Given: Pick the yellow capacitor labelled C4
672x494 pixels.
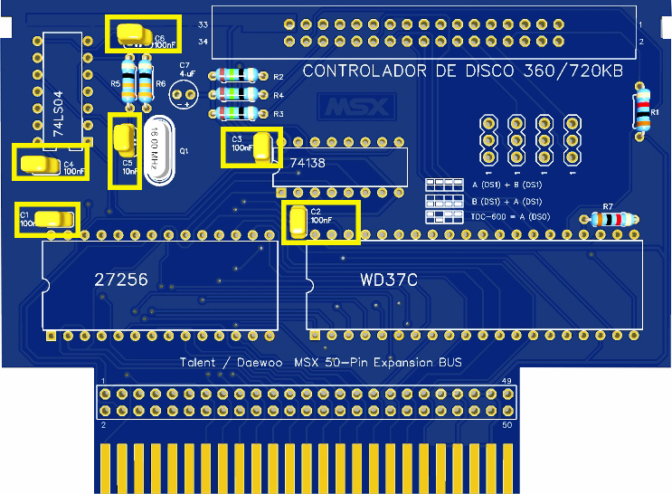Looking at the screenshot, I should coord(37,163).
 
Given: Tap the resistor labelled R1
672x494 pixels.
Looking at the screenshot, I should coord(642,109).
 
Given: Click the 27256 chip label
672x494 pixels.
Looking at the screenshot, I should coord(121,280).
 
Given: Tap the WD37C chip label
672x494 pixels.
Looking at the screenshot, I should coord(388,280).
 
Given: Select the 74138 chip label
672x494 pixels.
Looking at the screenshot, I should coord(308,163).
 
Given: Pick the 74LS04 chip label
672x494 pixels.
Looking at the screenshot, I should coord(59,113).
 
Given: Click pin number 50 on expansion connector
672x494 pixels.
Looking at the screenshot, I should coord(507,424).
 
